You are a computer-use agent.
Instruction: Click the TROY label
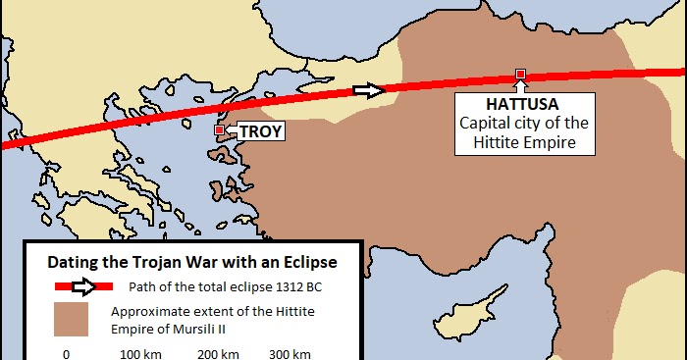pos(260,129)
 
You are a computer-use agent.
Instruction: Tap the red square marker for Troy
pos(219,129)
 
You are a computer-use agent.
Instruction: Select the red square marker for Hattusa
pos(520,75)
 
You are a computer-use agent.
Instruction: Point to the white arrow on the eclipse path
pos(368,90)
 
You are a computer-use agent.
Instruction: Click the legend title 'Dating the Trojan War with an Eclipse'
pos(193,262)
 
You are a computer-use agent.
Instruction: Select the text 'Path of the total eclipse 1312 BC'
pos(225,287)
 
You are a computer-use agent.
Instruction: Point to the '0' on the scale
pos(66,353)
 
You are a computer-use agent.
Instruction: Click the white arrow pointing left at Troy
pos(232,129)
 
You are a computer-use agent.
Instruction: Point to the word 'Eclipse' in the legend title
pos(311,262)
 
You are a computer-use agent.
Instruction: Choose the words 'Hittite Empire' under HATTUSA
pos(524,143)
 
